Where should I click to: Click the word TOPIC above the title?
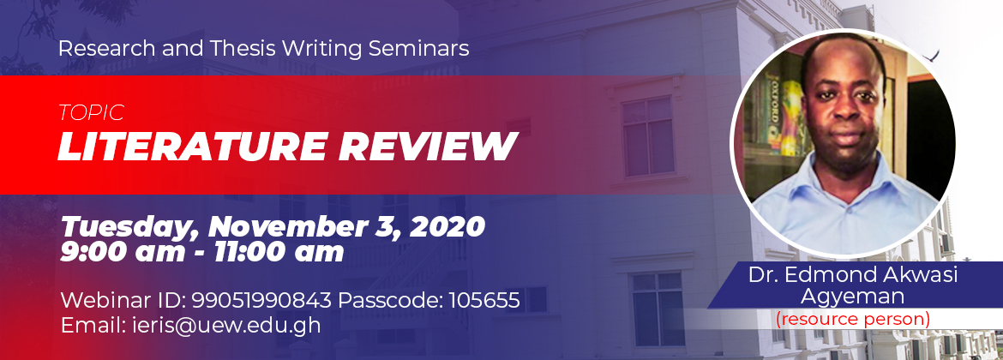coord(91,113)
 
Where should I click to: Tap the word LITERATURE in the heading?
coord(192,146)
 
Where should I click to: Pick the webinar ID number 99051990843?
coord(261,300)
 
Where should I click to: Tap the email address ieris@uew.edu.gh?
coord(231,326)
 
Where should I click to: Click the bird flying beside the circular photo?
coord(931,57)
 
